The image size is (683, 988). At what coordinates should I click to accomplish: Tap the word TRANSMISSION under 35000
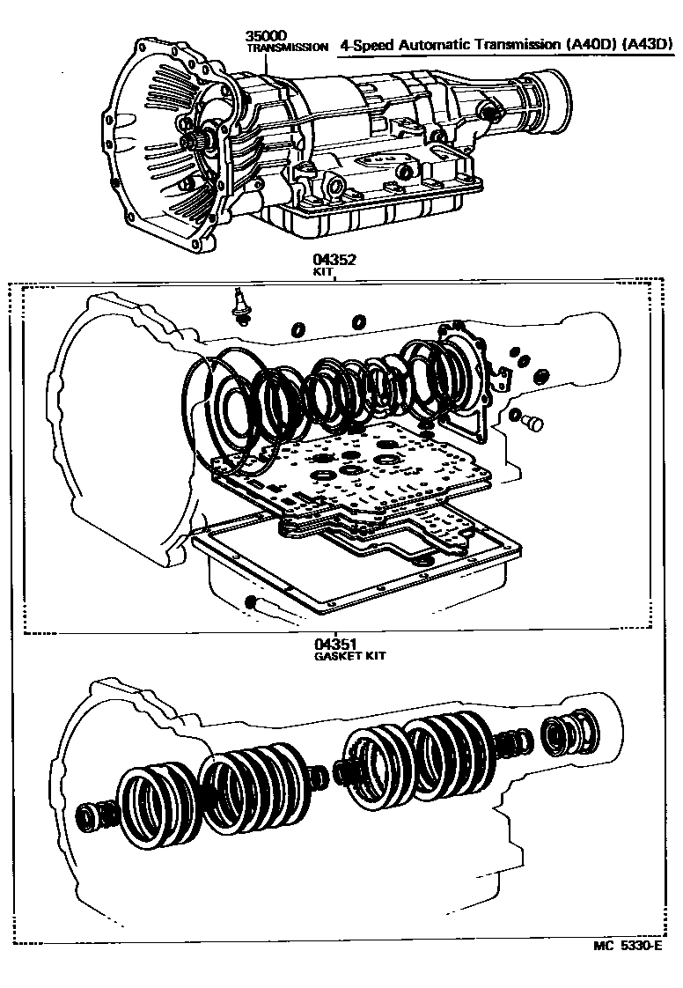tap(287, 48)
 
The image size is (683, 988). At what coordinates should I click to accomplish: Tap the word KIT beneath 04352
tap(324, 273)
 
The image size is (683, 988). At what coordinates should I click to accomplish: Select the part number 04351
tap(334, 645)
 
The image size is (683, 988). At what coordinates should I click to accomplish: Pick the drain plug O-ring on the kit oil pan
tap(251, 602)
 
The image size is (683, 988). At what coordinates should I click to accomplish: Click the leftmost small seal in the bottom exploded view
tap(90, 818)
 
